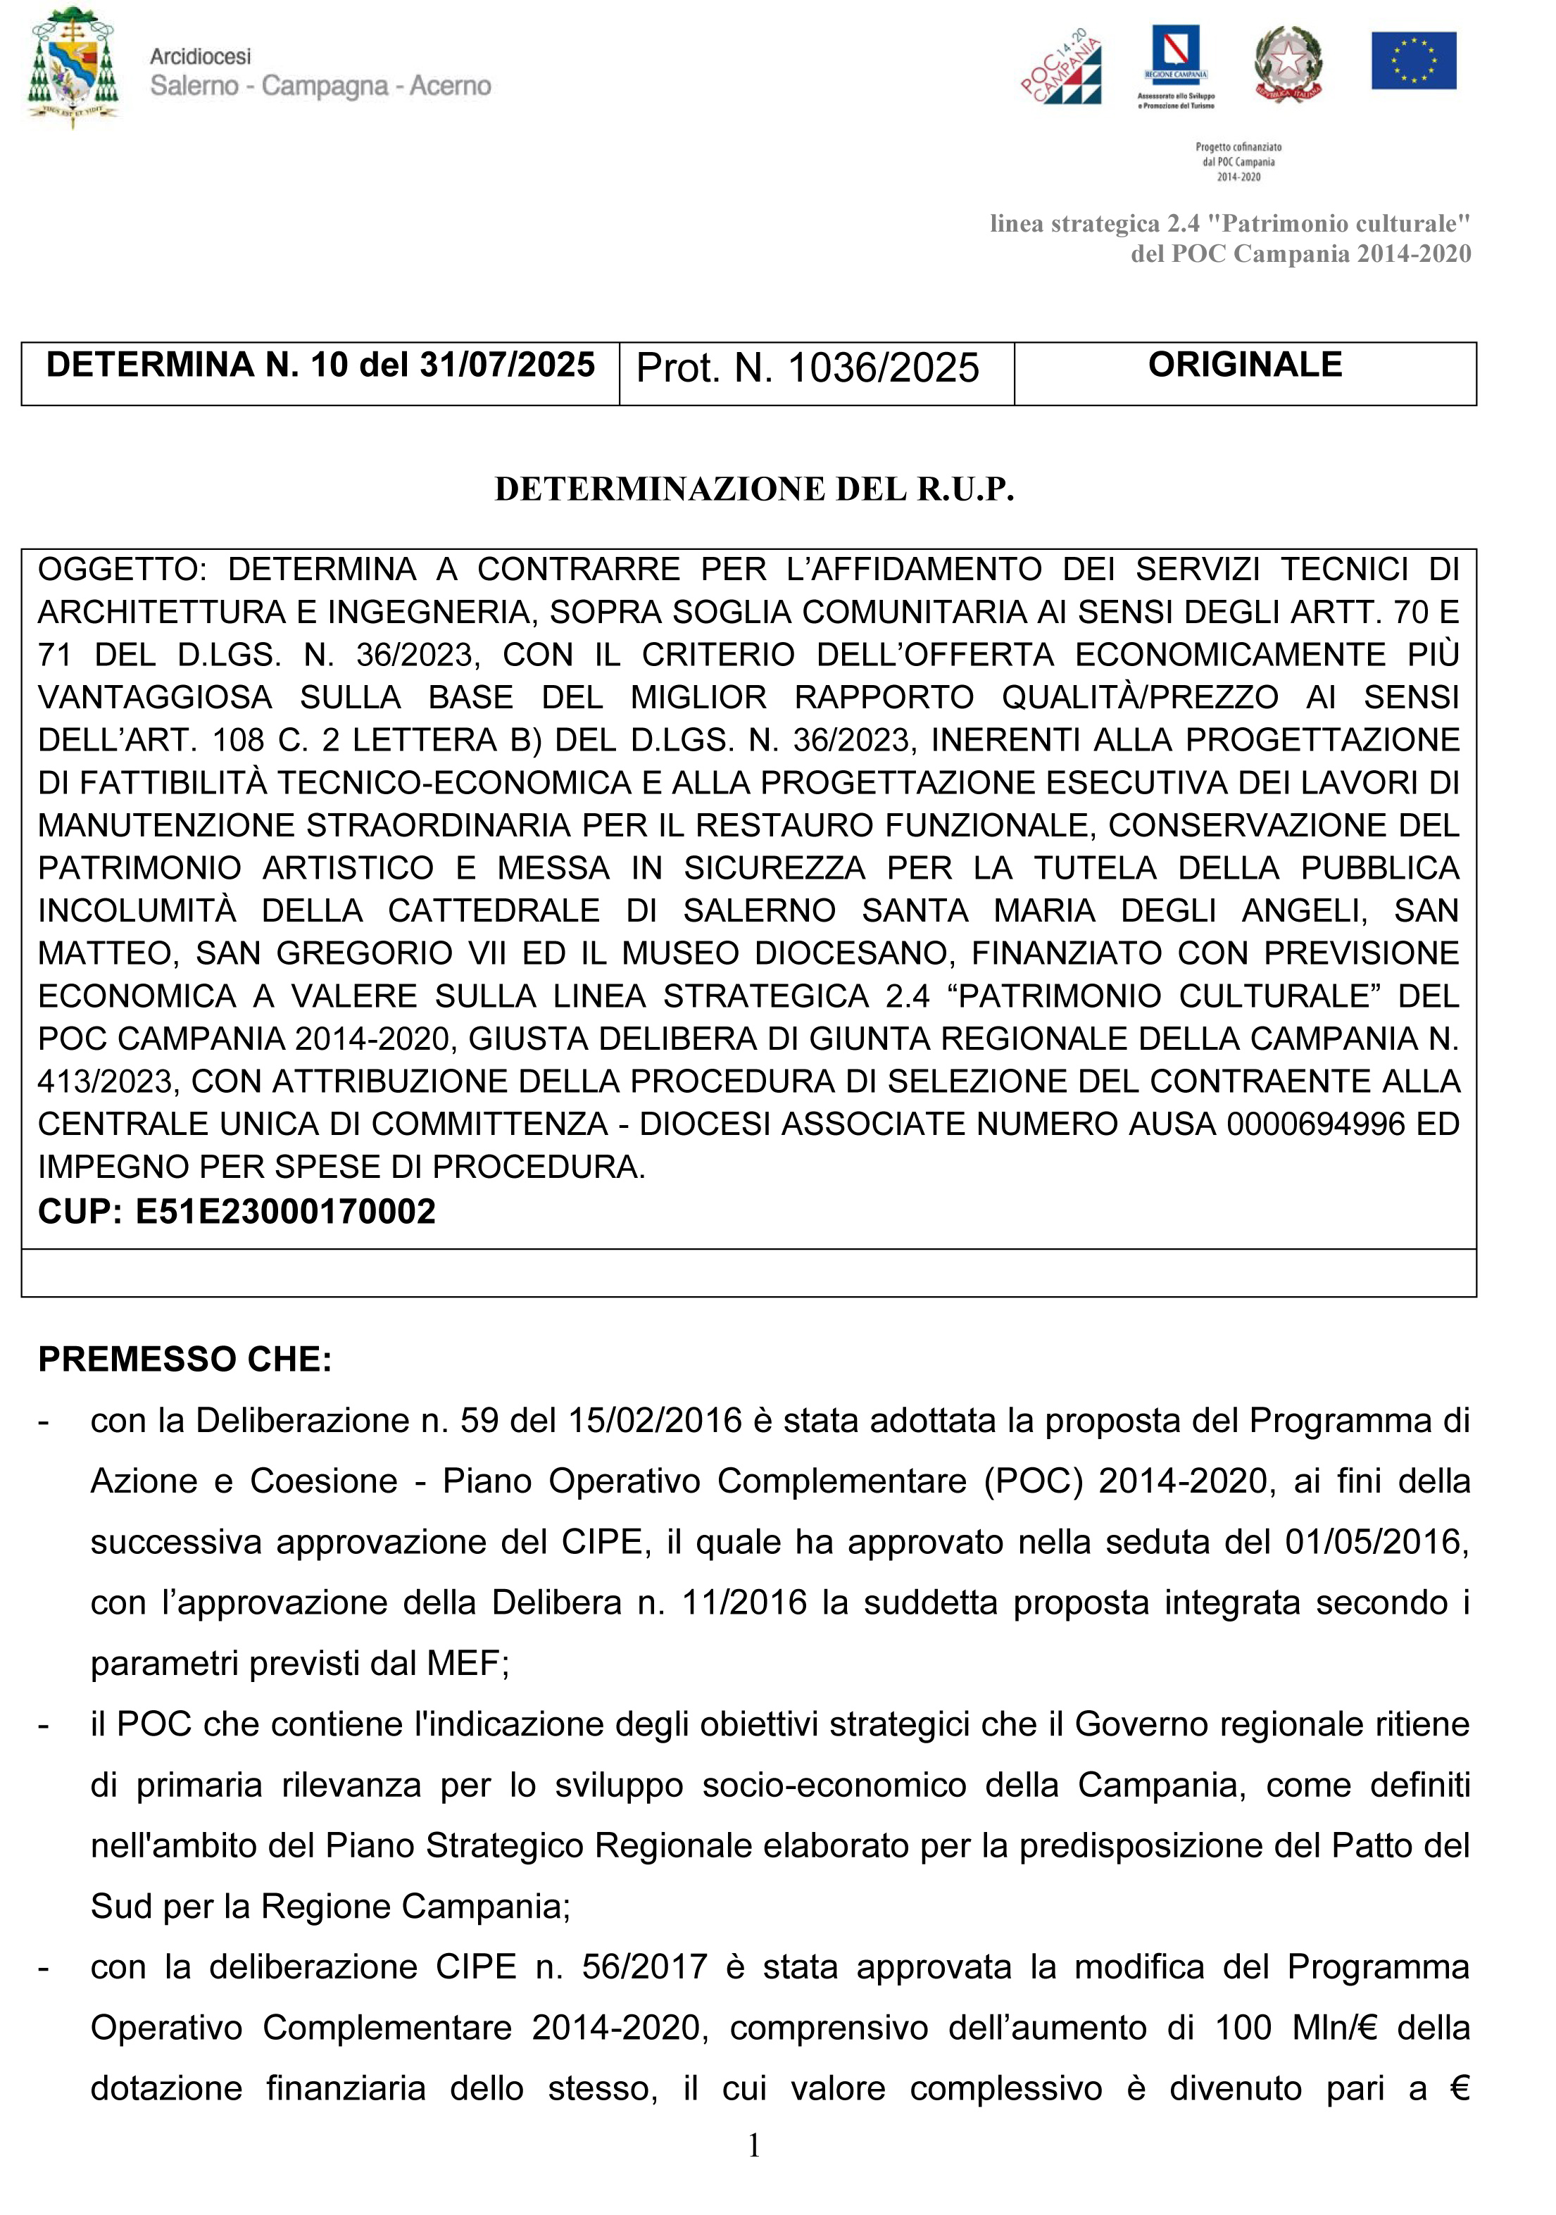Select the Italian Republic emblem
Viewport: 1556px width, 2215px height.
coord(1288,63)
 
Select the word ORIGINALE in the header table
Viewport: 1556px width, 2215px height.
coord(1244,365)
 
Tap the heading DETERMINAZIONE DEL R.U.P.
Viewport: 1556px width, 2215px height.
coord(754,489)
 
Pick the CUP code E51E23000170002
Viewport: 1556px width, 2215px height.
coord(286,1211)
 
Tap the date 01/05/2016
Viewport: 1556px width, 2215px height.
coord(1374,1543)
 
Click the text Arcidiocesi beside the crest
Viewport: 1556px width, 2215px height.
coord(200,57)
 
